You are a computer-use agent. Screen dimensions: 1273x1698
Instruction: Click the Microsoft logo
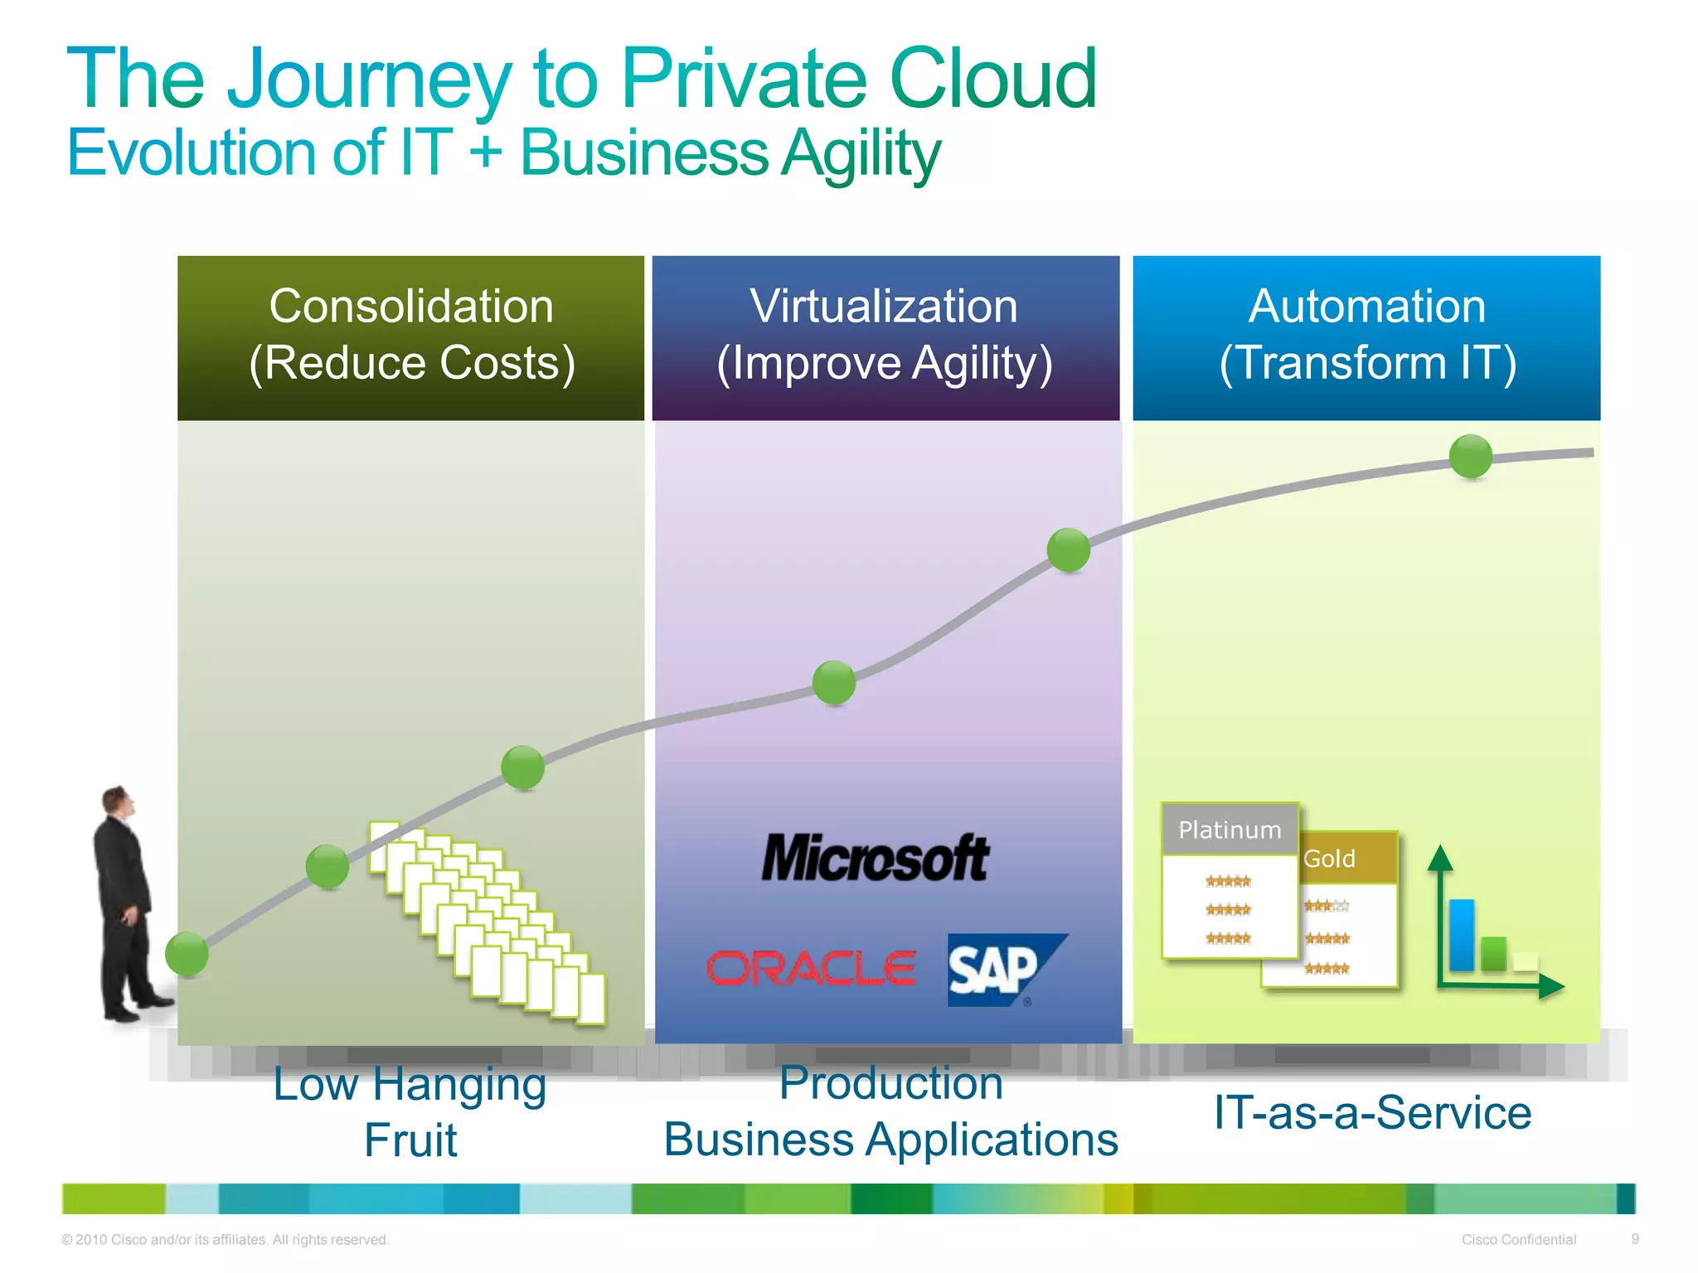[875, 859]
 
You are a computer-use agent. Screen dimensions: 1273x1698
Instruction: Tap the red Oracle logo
[811, 969]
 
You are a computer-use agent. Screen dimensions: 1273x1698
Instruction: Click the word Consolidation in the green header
[411, 306]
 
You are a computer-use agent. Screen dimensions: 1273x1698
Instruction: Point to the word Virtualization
[884, 306]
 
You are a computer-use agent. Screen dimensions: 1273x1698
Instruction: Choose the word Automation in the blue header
[1366, 306]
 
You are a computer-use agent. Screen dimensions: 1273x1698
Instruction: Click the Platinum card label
[1230, 830]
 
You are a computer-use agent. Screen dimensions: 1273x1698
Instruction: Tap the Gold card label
[1329, 859]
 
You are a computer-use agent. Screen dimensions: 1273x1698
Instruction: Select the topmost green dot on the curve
[1471, 457]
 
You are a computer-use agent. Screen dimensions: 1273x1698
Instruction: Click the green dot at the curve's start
[187, 953]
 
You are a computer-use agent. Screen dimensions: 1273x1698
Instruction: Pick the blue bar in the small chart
[1461, 935]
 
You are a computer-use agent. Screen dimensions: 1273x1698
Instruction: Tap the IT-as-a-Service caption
[1372, 1112]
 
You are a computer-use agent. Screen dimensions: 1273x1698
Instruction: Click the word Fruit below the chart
[410, 1140]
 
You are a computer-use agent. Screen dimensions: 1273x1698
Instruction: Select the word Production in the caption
[891, 1083]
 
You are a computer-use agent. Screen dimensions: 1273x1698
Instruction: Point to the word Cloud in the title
[992, 79]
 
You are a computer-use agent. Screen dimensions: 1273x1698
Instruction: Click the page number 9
[1635, 1239]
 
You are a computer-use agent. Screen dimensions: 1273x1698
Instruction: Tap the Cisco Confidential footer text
[1518, 1240]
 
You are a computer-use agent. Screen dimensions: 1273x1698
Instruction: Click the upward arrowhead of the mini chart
[1440, 856]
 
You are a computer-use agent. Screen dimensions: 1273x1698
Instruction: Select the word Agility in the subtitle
[861, 154]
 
